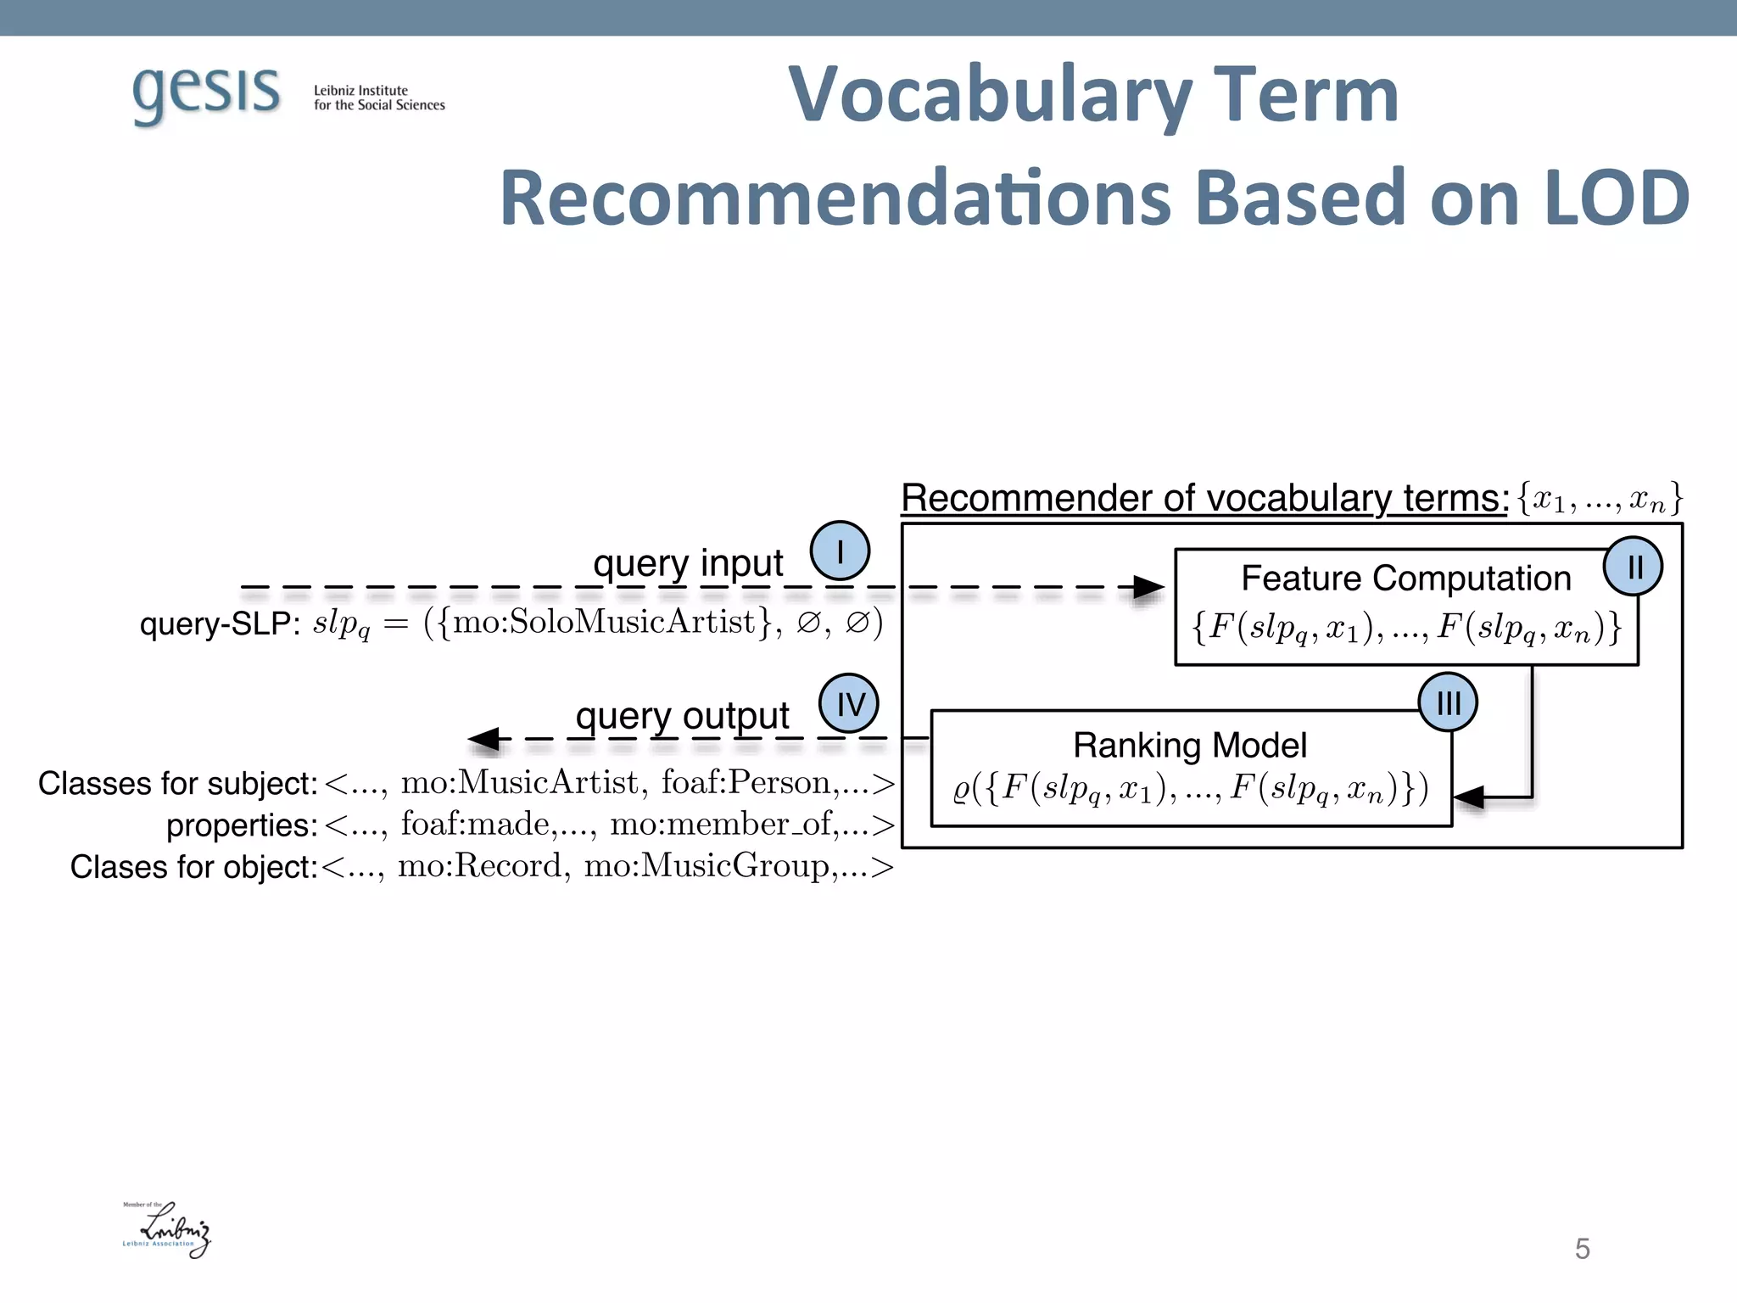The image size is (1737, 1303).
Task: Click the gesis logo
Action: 206,93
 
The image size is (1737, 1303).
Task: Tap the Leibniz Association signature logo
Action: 167,1229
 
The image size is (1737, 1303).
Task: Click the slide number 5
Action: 1582,1249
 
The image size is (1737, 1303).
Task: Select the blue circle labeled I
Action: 840,551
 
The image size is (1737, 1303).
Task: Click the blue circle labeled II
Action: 1633,567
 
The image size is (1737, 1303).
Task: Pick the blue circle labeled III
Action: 1448,702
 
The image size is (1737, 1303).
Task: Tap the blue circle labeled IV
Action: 849,703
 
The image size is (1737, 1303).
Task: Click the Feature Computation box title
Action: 1405,579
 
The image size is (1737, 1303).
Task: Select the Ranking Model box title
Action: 1189,746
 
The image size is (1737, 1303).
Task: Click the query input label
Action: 688,563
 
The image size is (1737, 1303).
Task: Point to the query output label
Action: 682,716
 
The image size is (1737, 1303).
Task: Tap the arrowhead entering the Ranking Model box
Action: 1469,797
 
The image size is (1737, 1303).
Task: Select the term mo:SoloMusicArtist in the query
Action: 604,623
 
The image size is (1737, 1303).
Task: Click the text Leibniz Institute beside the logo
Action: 360,91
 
